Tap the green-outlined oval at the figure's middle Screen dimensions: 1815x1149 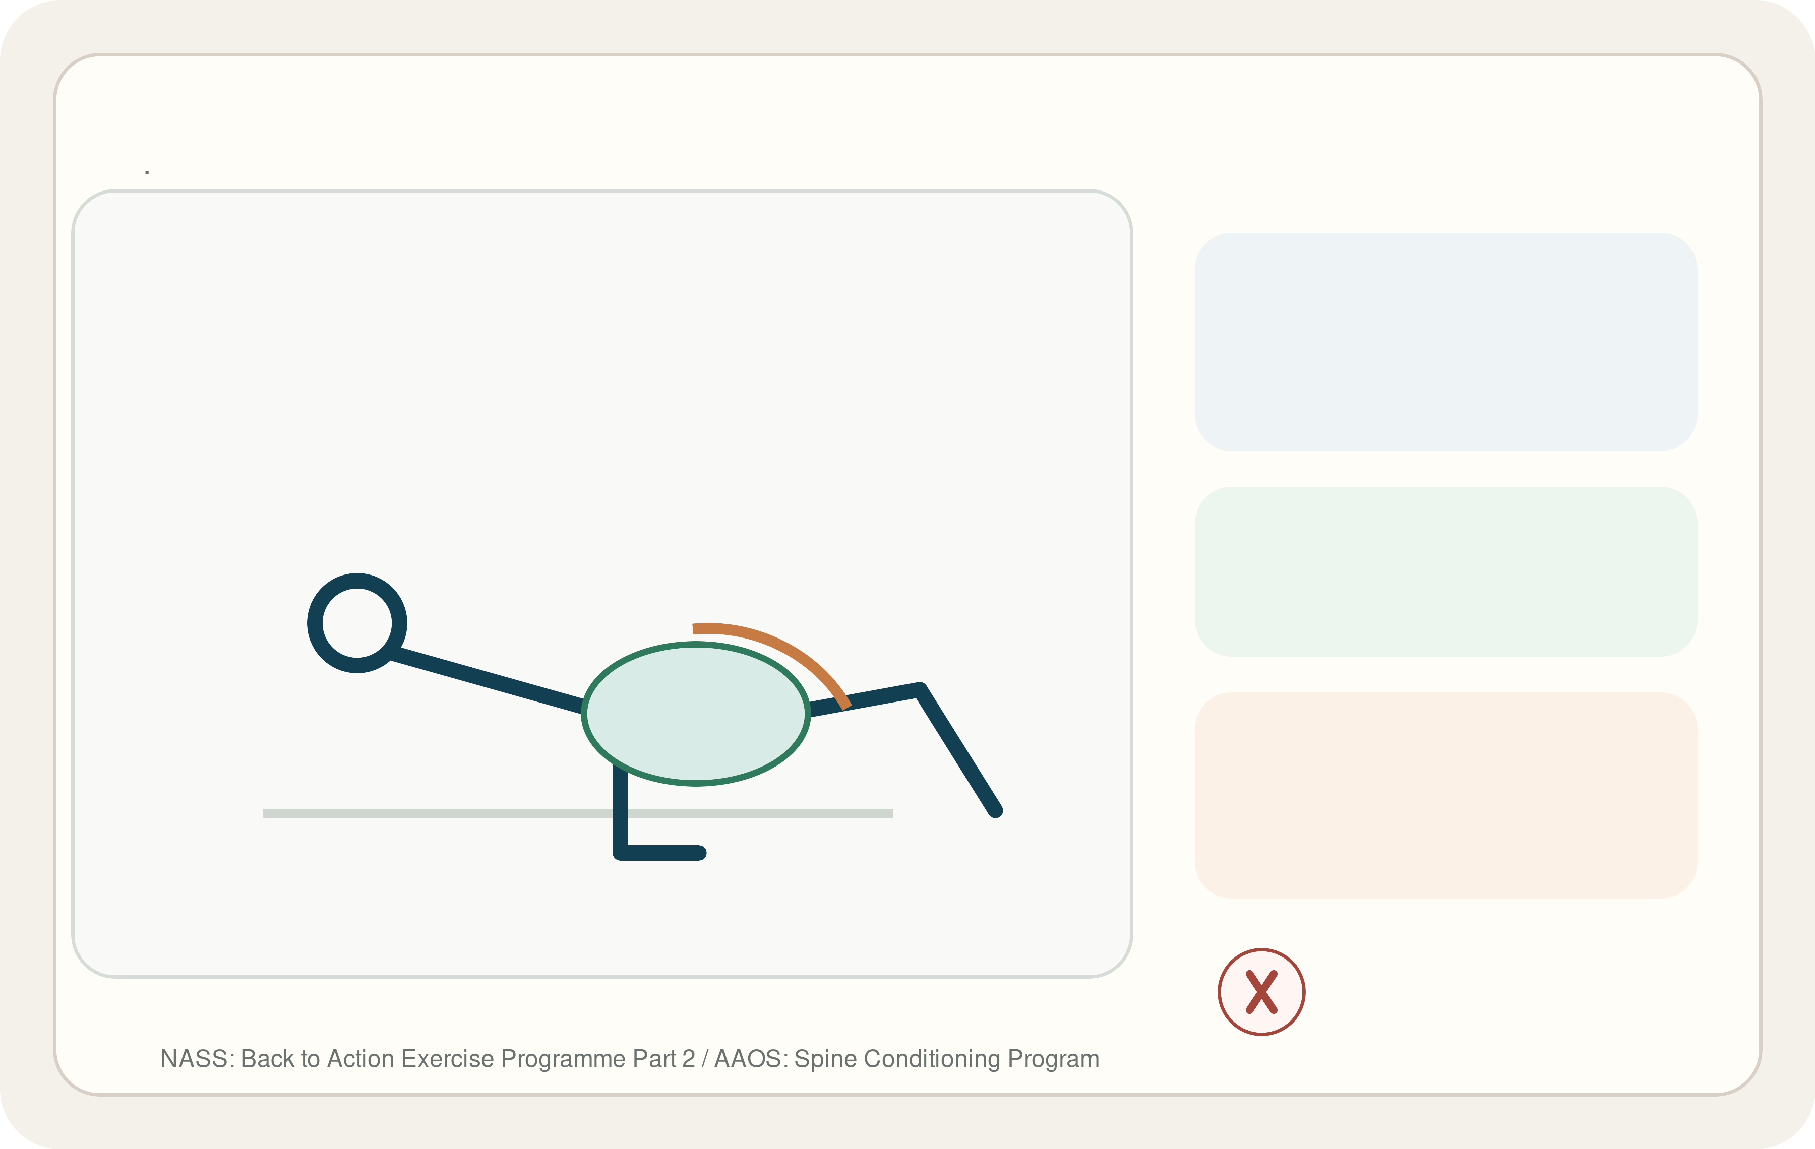point(696,714)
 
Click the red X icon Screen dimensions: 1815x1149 point(1262,992)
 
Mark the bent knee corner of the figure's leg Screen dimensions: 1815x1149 point(920,689)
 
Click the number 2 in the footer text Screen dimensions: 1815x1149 point(688,1059)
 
